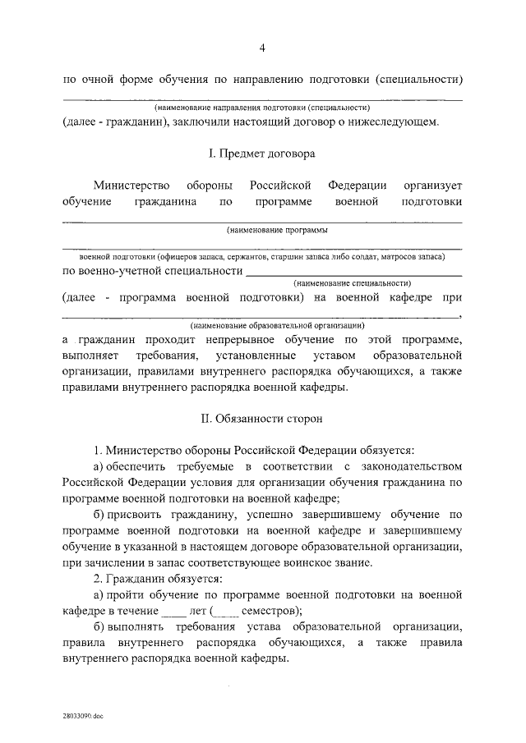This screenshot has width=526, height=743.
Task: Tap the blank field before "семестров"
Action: click(x=227, y=610)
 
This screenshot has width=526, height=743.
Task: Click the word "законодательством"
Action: click(x=411, y=466)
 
